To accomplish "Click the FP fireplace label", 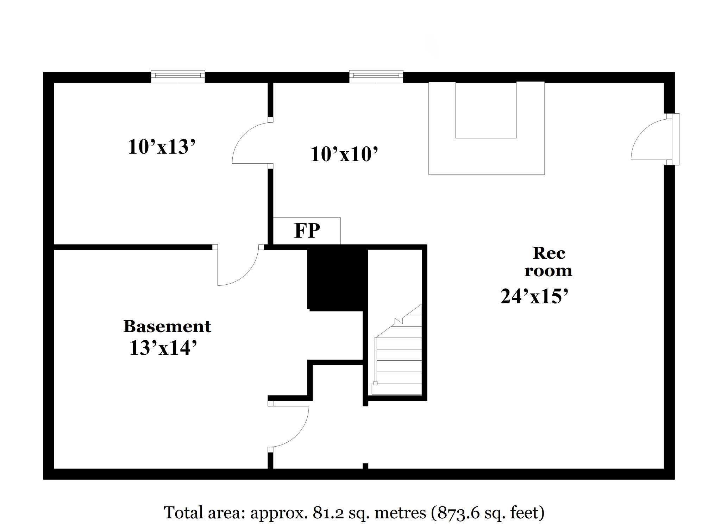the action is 307,231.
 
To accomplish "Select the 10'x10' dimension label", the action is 344,154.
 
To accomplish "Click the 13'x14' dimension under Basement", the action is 163,348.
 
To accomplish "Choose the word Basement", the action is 167,326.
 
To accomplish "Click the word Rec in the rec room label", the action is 549,253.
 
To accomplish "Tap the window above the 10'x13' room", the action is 178,76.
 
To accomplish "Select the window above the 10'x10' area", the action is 376,76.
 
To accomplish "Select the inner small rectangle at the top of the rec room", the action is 486,110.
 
